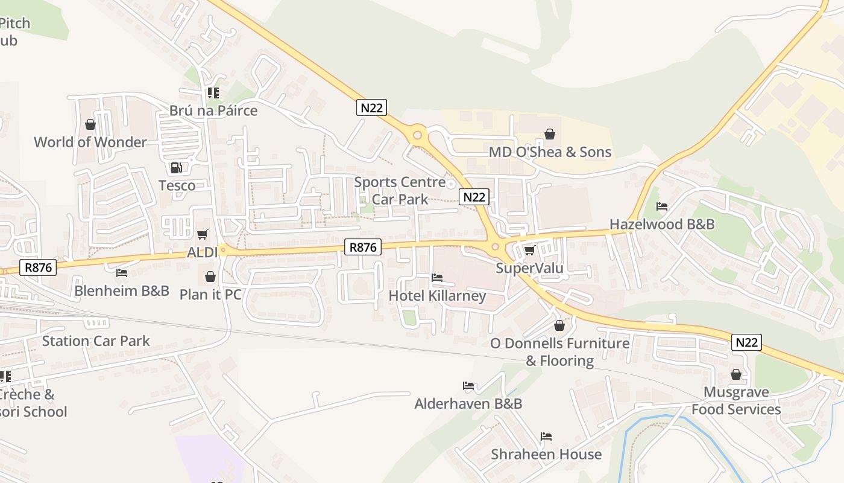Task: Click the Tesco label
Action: click(177, 185)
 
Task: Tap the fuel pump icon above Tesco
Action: click(176, 168)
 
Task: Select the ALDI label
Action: click(202, 252)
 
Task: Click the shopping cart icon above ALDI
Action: click(203, 234)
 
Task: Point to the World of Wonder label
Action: click(90, 142)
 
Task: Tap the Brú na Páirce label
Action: click(213, 111)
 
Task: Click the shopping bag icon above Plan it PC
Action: click(210, 277)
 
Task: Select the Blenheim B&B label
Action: click(122, 291)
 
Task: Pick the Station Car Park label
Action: click(96, 341)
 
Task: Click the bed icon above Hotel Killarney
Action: click(437, 278)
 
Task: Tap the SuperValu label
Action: click(529, 268)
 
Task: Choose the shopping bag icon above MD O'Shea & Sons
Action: click(549, 134)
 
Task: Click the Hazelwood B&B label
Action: click(662, 225)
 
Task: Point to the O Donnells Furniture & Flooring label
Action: click(559, 352)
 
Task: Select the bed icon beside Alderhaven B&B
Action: click(468, 386)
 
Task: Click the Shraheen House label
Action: click(546, 455)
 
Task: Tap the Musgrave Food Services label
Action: click(736, 401)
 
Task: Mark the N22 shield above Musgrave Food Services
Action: click(747, 342)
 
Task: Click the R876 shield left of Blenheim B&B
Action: click(39, 267)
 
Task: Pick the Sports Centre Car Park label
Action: click(400, 191)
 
